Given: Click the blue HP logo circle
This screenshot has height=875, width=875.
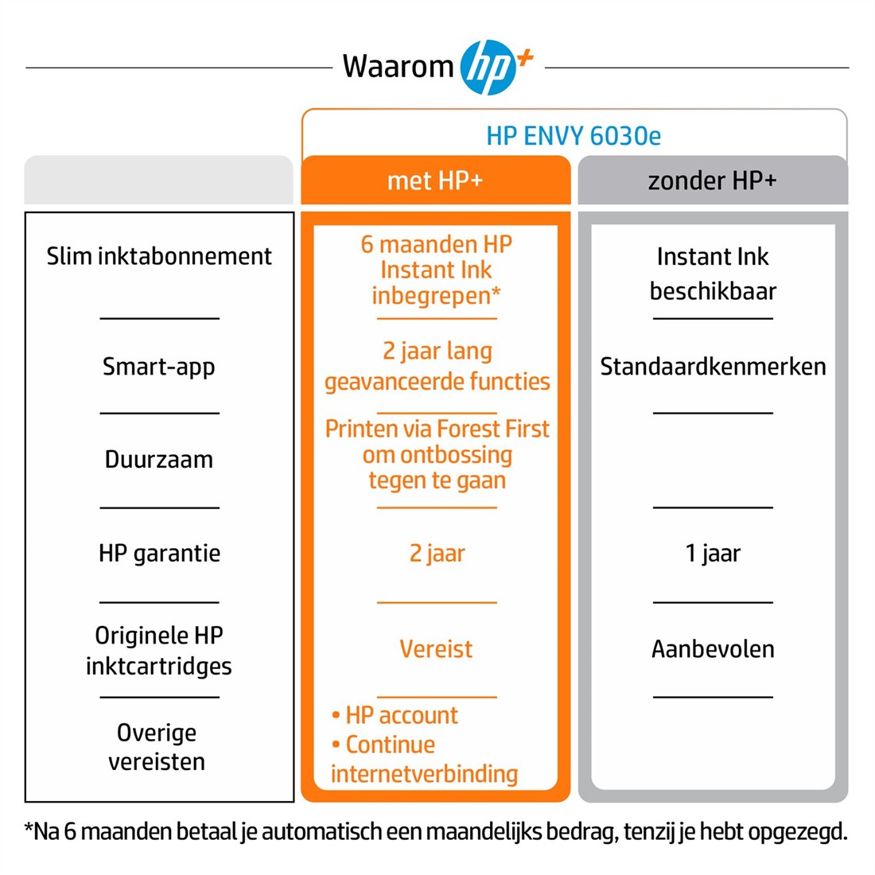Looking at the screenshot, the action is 488,67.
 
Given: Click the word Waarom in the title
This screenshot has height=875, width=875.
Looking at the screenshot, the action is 398,66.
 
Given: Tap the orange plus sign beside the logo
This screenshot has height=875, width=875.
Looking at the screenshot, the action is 524,57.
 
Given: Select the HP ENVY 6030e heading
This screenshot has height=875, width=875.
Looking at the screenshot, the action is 574,135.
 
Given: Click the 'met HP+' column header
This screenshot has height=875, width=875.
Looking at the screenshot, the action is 435,181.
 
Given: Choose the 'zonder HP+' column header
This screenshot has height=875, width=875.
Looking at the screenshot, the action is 712,181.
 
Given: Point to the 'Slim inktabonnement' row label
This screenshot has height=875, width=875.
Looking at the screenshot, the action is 159,257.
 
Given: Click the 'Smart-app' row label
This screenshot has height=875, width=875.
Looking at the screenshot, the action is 159,367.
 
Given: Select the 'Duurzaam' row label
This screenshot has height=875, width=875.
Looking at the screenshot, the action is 159,459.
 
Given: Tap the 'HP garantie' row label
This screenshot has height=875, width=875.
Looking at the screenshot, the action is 160,554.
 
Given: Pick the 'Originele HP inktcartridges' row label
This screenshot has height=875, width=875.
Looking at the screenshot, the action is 159,651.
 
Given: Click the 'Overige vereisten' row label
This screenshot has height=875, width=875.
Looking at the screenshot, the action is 157,747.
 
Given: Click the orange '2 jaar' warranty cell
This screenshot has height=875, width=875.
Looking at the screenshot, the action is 437,554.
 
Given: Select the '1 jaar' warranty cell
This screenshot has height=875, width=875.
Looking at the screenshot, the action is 713,554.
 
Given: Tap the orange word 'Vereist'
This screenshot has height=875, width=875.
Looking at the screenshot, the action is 437,649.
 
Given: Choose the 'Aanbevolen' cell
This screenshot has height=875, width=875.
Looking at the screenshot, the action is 713,649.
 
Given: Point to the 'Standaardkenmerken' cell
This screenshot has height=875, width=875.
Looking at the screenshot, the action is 713,367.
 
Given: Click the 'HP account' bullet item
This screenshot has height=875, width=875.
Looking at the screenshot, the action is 395,715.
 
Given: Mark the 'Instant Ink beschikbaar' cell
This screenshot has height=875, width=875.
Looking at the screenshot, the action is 713,274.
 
